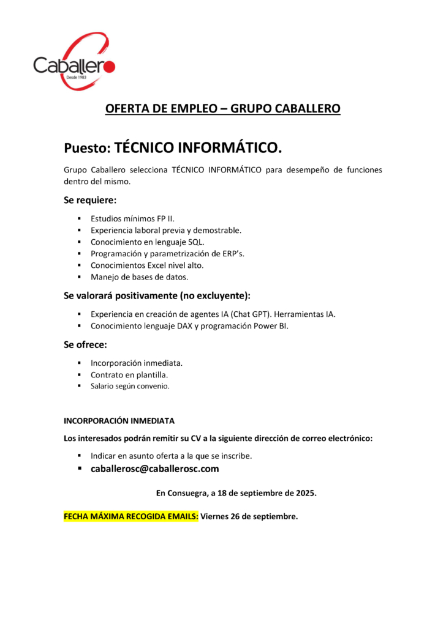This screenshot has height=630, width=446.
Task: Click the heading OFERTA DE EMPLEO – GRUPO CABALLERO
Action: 223,109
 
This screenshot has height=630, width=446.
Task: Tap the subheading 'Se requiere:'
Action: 90,199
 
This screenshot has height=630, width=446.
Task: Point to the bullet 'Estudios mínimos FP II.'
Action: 133,218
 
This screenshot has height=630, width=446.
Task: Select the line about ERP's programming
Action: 167,253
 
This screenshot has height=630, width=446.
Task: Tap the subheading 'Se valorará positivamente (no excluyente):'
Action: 157,295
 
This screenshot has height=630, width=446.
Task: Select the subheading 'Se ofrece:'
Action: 85,344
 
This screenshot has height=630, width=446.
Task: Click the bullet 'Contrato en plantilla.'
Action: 129,374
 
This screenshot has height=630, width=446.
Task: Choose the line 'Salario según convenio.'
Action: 130,387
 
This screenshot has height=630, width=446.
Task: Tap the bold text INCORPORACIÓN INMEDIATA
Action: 119,421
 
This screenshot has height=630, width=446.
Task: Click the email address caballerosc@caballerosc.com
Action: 154,469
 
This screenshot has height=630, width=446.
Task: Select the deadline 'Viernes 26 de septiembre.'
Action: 249,516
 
